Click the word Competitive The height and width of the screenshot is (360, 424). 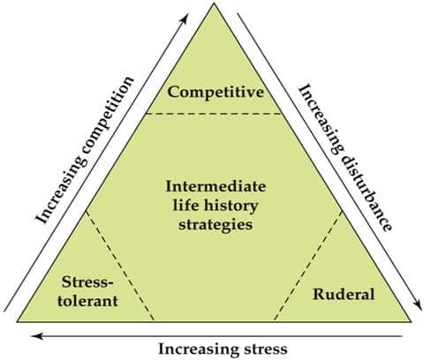pos(216,93)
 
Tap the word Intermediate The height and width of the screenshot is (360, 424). pos(216,186)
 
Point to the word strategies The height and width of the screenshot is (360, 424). pos(216,225)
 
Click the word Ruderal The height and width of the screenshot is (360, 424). pos(344,294)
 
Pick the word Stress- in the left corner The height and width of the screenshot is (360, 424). pos(87,282)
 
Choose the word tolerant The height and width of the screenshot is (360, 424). pos(87,301)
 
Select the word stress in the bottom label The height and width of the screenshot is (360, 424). pos(266,349)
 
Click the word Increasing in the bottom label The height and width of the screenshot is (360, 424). pos(200,349)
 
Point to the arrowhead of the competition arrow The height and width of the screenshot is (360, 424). pos(185,19)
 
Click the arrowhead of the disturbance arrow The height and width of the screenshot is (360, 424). pos(418,304)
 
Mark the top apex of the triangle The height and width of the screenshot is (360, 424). pos(214,3)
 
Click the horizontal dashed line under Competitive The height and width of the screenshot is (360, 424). pos(214,114)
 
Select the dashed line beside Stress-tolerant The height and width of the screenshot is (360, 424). pos(119,266)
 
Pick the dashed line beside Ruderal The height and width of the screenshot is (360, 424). pos(308,266)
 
